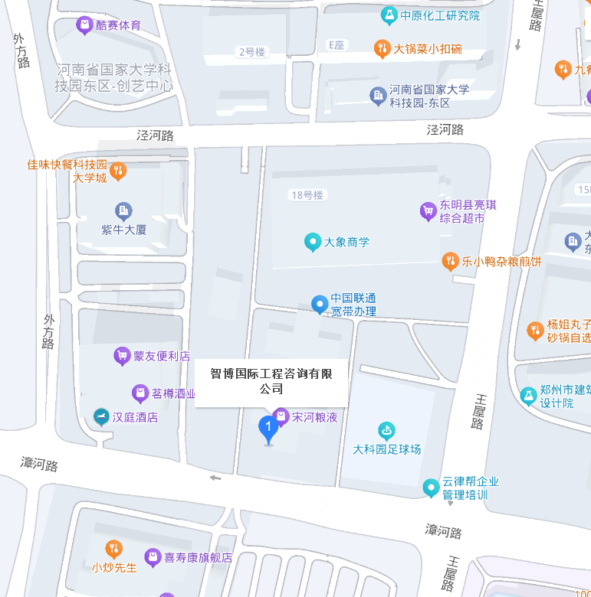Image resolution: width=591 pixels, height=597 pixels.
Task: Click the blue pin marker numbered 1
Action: [x=268, y=428]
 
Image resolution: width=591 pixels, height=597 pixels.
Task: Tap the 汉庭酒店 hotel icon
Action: [x=100, y=417]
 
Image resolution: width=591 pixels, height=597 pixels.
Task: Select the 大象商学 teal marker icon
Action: [x=312, y=242]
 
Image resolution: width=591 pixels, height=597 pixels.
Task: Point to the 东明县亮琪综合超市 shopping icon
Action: [x=428, y=210]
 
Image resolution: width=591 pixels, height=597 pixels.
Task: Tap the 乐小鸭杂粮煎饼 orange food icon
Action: [x=450, y=261]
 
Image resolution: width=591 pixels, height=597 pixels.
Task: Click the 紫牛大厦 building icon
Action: [x=123, y=210]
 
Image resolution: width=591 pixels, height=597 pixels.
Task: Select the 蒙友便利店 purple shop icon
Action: [x=121, y=355]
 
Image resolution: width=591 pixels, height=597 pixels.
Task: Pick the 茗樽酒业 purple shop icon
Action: [x=140, y=393]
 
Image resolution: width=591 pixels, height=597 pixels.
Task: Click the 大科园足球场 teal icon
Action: [x=386, y=432]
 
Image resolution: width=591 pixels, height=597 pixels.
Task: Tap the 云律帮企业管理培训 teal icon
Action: [x=431, y=487]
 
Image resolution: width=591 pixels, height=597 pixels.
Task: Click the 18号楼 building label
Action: [x=307, y=195]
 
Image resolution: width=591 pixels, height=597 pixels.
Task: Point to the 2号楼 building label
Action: [x=251, y=52]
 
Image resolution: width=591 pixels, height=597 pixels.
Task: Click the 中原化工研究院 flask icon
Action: [x=389, y=15]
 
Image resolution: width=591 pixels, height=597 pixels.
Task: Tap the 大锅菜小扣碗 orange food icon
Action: [x=382, y=49]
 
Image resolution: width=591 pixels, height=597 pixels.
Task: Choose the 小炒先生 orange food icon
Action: [x=113, y=549]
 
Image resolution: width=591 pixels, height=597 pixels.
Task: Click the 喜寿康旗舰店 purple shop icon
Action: [x=153, y=558]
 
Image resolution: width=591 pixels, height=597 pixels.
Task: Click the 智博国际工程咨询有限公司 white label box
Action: [x=271, y=381]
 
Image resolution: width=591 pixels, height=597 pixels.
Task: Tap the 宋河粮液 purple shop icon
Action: [x=281, y=417]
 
